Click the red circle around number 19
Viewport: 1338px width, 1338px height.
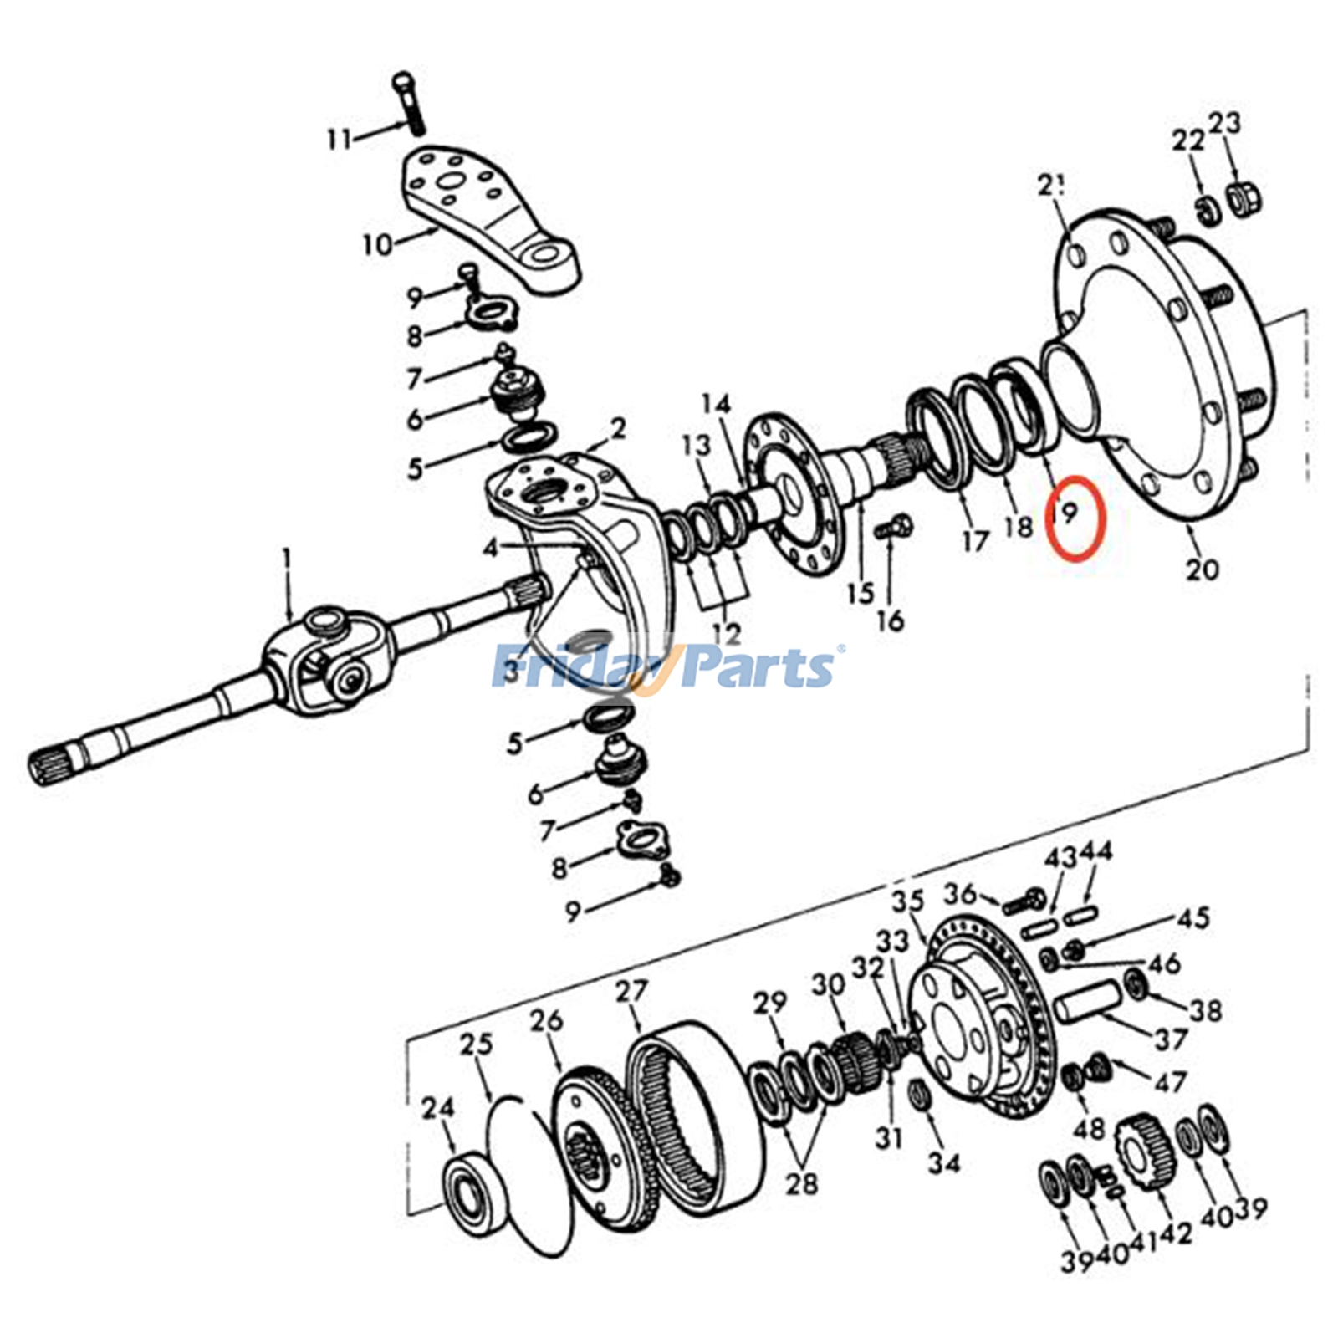1077,517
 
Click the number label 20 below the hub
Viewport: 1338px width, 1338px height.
1202,569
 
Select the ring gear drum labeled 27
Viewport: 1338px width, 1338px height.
694,1112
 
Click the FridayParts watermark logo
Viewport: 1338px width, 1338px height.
666,667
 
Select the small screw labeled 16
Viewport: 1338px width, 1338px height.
893,529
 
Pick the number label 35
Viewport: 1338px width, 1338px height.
906,901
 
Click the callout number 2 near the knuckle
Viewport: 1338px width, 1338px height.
618,429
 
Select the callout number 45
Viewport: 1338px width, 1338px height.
1193,917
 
